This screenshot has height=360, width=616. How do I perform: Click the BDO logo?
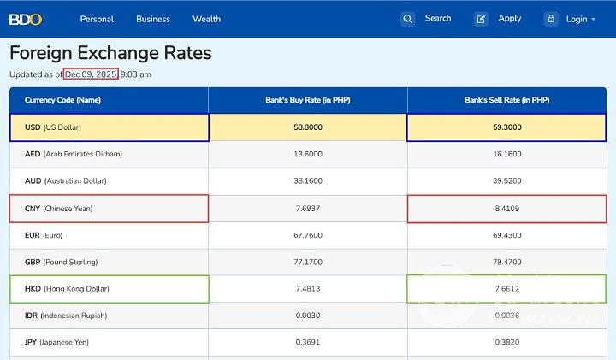pos(26,19)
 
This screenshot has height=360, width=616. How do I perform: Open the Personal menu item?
pos(97,19)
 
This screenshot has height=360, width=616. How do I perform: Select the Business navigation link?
pos(153,19)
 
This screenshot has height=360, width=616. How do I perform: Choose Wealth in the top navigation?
pos(206,19)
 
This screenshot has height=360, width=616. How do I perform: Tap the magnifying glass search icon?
pos(408,19)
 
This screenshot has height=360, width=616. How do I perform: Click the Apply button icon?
pos(482,19)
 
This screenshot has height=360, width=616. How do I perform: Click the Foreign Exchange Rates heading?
pos(110,53)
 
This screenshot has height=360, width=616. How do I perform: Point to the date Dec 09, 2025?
pos(91,74)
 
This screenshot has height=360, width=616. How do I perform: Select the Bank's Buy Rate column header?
pos(308,100)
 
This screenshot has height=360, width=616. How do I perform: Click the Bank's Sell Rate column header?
pos(506,100)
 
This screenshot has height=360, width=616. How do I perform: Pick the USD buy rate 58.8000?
pos(308,127)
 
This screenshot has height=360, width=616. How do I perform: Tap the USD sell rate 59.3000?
pos(506,127)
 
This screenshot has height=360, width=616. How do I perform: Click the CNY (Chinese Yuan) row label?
pos(59,209)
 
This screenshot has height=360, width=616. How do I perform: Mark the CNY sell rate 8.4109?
pos(506,209)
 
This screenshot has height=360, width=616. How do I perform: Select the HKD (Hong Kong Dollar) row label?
pos(67,289)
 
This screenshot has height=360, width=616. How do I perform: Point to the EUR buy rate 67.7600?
pos(308,235)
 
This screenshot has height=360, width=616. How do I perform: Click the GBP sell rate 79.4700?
pos(506,262)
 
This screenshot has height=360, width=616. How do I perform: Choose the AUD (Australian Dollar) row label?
pos(66,181)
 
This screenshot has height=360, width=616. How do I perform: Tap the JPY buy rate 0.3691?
pos(308,343)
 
